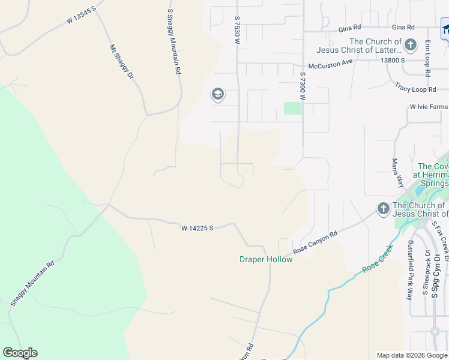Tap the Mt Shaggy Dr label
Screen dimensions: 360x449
121,62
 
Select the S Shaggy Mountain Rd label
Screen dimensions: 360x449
173,41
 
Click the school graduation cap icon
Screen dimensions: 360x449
217,94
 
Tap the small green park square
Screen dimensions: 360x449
292,108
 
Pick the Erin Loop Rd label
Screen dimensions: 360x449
427,58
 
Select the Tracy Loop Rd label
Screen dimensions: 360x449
415,89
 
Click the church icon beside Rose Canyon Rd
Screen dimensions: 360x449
383,208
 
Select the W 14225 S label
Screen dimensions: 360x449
198,228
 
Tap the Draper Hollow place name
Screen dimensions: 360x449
266,259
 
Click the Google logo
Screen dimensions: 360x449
20,353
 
